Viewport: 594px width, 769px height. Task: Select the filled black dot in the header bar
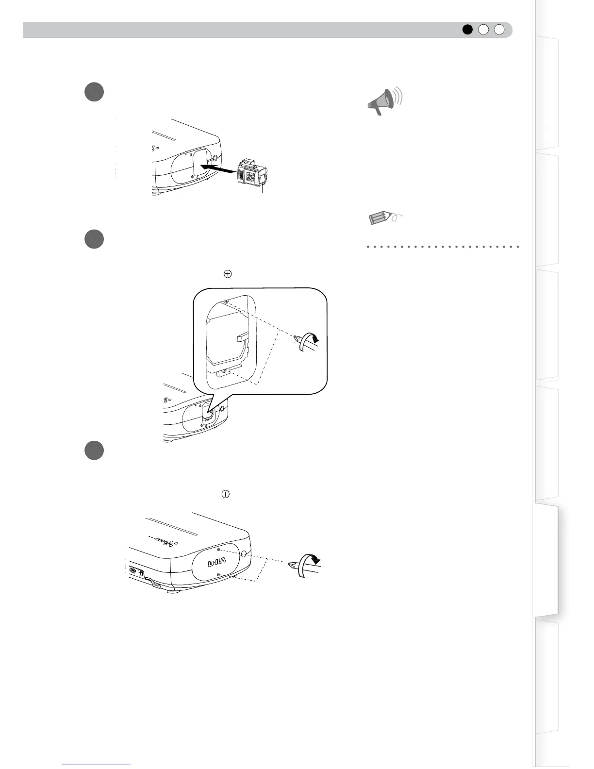pyautogui.click(x=467, y=30)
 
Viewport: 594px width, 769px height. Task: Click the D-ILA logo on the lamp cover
pyautogui.click(x=217, y=563)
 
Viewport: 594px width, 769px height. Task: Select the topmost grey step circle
pyautogui.click(x=95, y=92)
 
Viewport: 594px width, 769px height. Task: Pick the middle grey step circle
pyautogui.click(x=95, y=239)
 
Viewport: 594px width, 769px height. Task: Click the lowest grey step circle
pyautogui.click(x=95, y=450)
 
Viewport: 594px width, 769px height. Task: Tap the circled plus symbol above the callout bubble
pyautogui.click(x=227, y=274)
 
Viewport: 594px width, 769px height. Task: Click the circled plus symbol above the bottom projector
pyautogui.click(x=225, y=494)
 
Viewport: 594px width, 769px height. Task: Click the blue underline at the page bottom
pyautogui.click(x=97, y=765)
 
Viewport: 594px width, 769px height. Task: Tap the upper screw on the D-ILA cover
pyautogui.click(x=219, y=550)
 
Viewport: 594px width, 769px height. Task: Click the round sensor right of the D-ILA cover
pyautogui.click(x=244, y=554)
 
